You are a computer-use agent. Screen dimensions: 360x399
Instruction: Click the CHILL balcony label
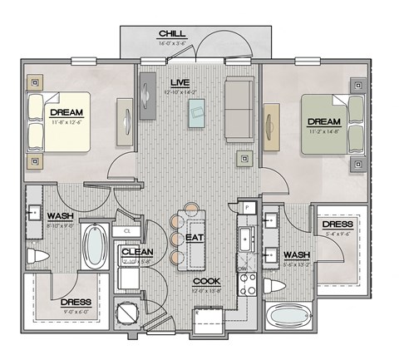[x=172, y=33]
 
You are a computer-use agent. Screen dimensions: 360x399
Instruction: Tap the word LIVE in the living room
[x=180, y=82]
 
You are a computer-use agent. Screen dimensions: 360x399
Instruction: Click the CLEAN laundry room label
[x=136, y=251]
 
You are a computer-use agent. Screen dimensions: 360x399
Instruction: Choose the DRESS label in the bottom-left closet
[x=76, y=302]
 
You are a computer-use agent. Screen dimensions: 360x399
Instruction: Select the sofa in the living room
[x=240, y=106]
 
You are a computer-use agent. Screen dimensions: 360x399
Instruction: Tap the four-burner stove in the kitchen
[x=247, y=284]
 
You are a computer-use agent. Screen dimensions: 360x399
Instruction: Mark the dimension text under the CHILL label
[x=172, y=44]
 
